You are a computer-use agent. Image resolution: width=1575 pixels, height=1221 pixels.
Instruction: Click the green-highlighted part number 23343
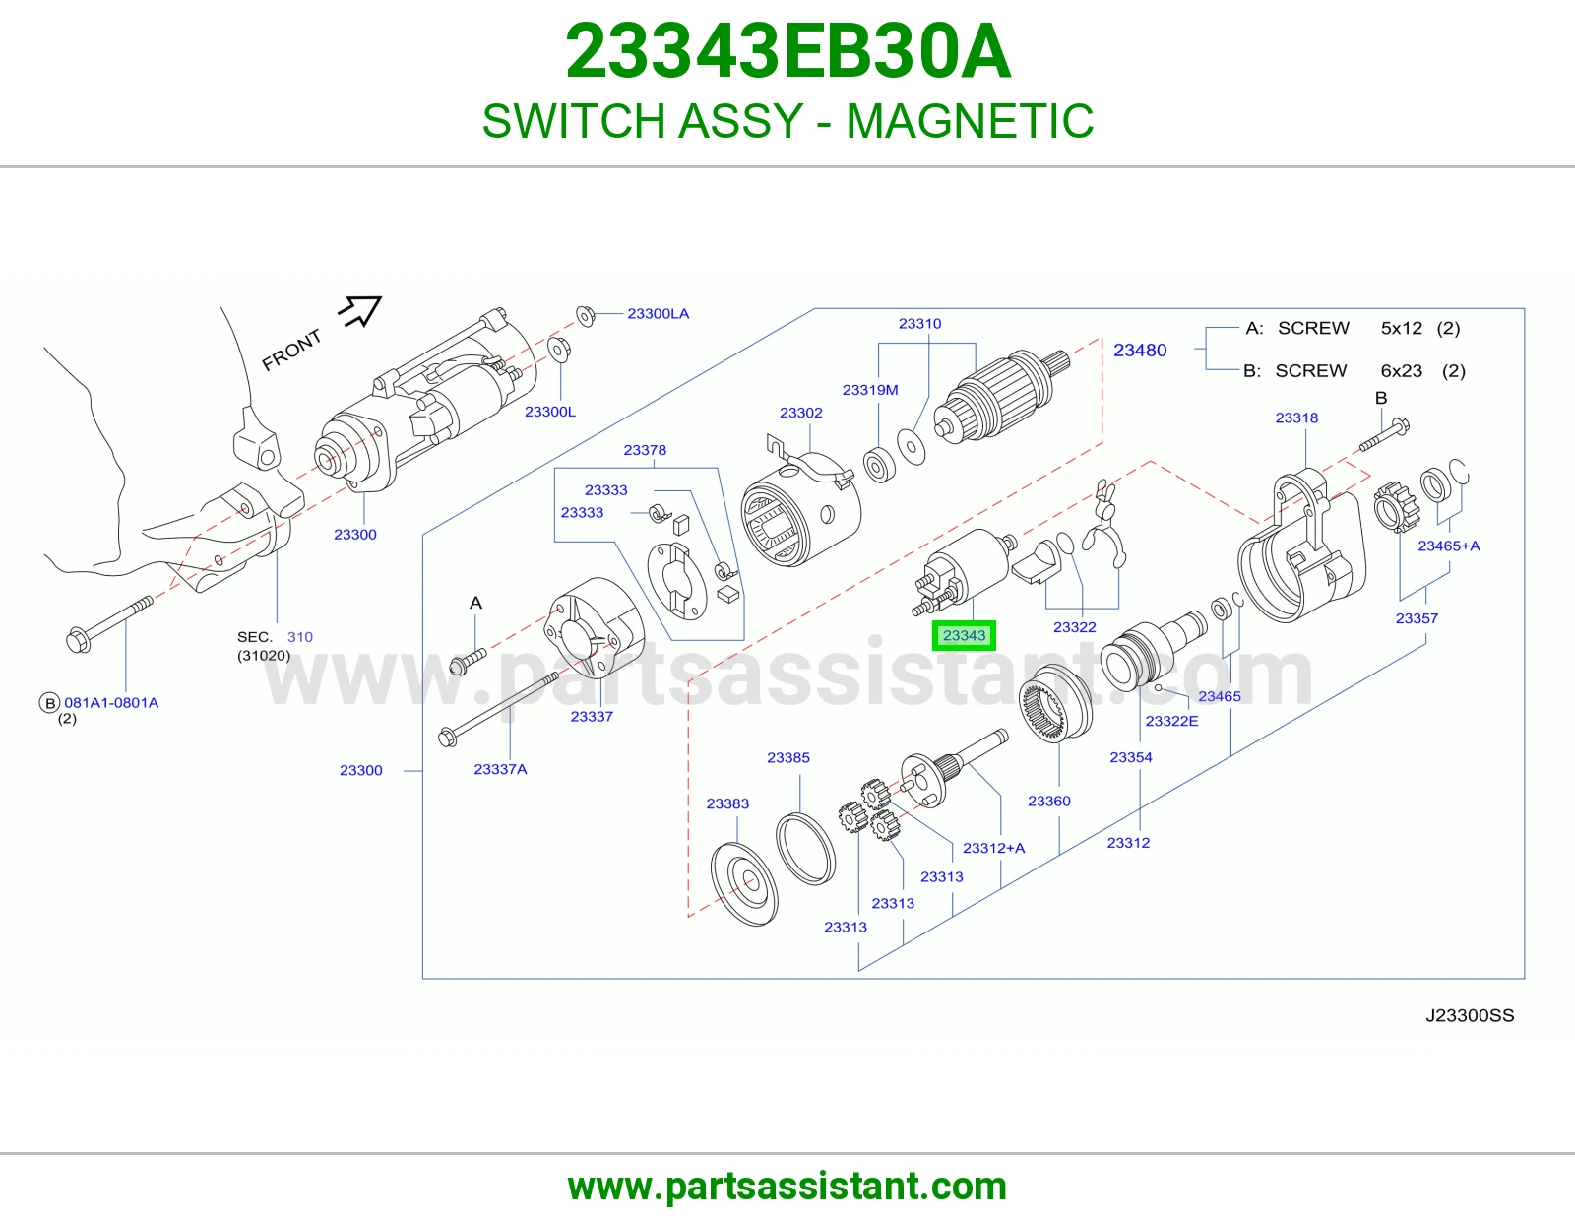[x=964, y=636]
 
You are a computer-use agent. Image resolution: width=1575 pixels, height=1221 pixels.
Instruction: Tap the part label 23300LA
[x=659, y=314]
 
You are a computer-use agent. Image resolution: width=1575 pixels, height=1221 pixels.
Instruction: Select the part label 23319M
[x=870, y=390]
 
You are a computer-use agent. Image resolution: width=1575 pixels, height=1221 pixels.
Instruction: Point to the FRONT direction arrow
[x=360, y=311]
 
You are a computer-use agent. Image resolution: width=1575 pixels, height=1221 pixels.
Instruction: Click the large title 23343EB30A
[x=787, y=52]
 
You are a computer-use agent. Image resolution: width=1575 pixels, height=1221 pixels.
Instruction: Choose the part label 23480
[x=1140, y=351]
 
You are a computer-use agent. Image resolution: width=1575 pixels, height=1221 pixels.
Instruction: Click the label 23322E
[x=1172, y=721]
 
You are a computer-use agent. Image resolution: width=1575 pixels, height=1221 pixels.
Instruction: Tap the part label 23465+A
[x=1449, y=546]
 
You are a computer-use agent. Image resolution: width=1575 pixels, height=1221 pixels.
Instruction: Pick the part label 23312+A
[x=993, y=848]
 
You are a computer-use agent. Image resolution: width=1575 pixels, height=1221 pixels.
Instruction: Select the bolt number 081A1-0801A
[x=111, y=703]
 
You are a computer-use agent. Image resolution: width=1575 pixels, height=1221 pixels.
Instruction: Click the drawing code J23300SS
[x=1470, y=1016]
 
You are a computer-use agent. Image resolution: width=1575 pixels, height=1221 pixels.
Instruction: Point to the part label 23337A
[x=500, y=769]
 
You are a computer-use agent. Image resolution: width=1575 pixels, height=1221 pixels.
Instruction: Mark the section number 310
[x=300, y=637]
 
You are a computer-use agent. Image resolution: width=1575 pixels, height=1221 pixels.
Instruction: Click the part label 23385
[x=788, y=757]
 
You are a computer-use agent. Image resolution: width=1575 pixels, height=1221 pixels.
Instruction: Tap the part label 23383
[x=727, y=803]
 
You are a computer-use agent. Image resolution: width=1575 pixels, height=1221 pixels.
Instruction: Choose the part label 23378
[x=645, y=450]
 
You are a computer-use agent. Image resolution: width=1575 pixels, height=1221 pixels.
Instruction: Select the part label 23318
[x=1296, y=418]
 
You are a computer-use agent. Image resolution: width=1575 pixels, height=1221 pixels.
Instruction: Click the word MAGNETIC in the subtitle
[x=970, y=121]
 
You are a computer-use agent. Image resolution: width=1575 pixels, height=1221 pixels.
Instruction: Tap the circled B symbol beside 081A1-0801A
[x=49, y=703]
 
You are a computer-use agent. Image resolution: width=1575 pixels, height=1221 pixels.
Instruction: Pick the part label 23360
[x=1048, y=802]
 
